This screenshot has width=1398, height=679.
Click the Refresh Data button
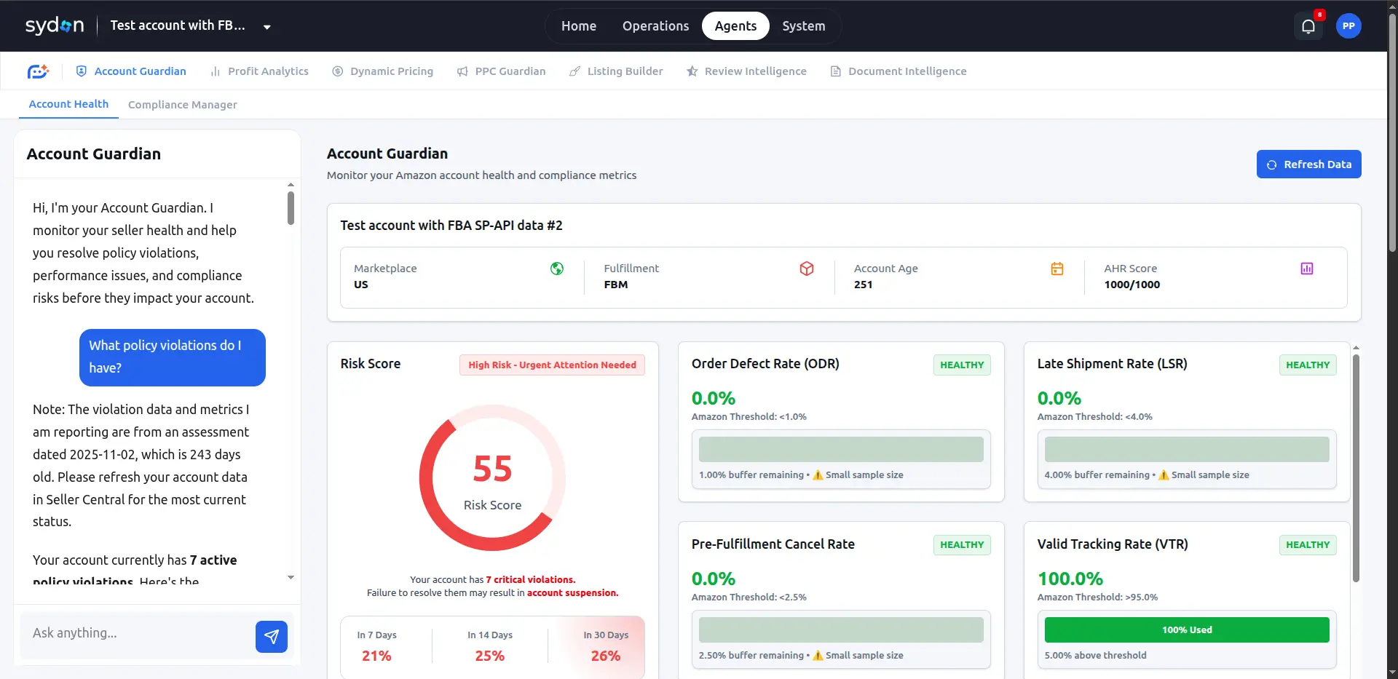pos(1308,164)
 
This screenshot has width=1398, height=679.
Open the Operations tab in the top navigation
pos(655,26)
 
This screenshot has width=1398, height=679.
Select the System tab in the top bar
pos(804,26)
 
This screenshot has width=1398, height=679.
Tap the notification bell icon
pos(1308,27)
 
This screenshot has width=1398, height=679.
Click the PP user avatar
pos(1348,26)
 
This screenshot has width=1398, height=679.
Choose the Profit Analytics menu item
pos(260,71)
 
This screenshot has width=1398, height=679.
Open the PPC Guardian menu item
pos(502,71)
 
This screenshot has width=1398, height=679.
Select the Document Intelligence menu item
pos(899,71)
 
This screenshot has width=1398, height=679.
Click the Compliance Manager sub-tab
pos(183,105)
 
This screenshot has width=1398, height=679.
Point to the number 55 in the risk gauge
pos(492,469)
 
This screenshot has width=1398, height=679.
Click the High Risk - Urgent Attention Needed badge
pos(552,365)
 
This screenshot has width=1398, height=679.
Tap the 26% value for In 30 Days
pos(606,656)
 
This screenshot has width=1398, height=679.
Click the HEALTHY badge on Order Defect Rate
pos(962,365)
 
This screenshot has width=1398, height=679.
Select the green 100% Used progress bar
pos(1187,630)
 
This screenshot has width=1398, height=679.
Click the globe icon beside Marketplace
pos(557,269)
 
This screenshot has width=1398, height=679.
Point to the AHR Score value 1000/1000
pos(1132,285)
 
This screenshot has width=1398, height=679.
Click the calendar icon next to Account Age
pos(1057,269)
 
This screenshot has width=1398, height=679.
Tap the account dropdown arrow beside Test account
pos(267,27)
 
